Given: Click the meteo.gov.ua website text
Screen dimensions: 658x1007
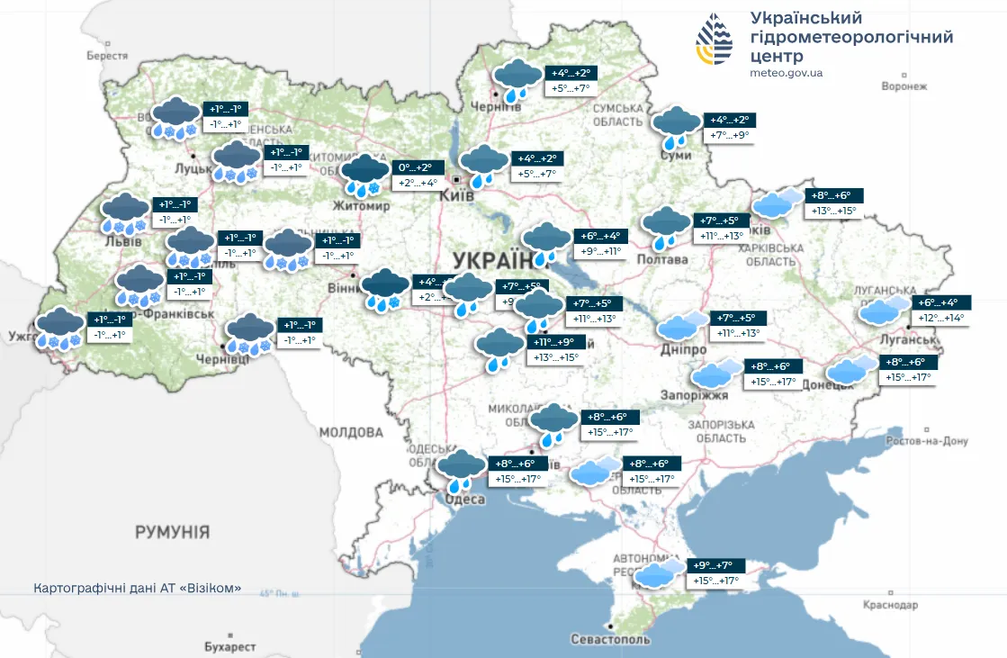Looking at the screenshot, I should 786,73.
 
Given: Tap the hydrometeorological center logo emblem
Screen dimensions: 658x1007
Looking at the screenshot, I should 715,41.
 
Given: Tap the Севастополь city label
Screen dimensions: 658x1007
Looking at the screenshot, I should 610,639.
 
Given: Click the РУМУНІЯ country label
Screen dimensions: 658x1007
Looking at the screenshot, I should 173,532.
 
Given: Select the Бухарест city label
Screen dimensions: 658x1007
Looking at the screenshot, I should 229,646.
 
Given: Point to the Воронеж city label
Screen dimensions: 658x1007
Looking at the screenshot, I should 904,86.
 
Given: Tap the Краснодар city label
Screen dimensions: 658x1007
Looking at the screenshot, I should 890,605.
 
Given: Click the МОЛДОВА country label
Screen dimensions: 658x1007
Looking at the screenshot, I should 352,432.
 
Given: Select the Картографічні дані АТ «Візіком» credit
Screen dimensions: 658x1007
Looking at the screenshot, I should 137,588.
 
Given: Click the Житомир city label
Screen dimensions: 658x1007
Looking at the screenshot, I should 361,206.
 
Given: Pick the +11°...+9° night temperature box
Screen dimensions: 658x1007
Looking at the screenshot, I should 559,342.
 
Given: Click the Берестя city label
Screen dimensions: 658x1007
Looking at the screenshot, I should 107,55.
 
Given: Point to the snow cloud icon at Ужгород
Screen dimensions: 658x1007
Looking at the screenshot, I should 59,327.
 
